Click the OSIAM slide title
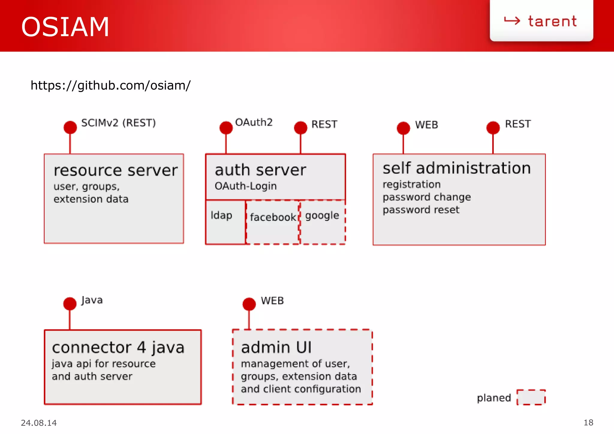click(65, 27)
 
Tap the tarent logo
click(541, 21)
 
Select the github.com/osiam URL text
click(110, 85)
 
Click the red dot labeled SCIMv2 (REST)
click(70, 127)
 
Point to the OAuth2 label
click(254, 122)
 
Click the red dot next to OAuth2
click(226, 128)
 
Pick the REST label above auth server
click(324, 124)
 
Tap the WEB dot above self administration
click(403, 128)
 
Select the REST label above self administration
click(518, 124)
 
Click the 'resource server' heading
click(115, 170)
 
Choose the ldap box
click(225, 222)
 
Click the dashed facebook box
click(273, 222)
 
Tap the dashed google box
click(323, 222)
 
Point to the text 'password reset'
click(421, 210)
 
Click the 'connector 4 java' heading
click(118, 348)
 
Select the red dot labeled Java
click(70, 304)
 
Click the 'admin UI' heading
click(276, 347)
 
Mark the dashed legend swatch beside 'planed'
click(531, 397)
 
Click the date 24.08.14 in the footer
click(39, 423)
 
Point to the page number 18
click(588, 423)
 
